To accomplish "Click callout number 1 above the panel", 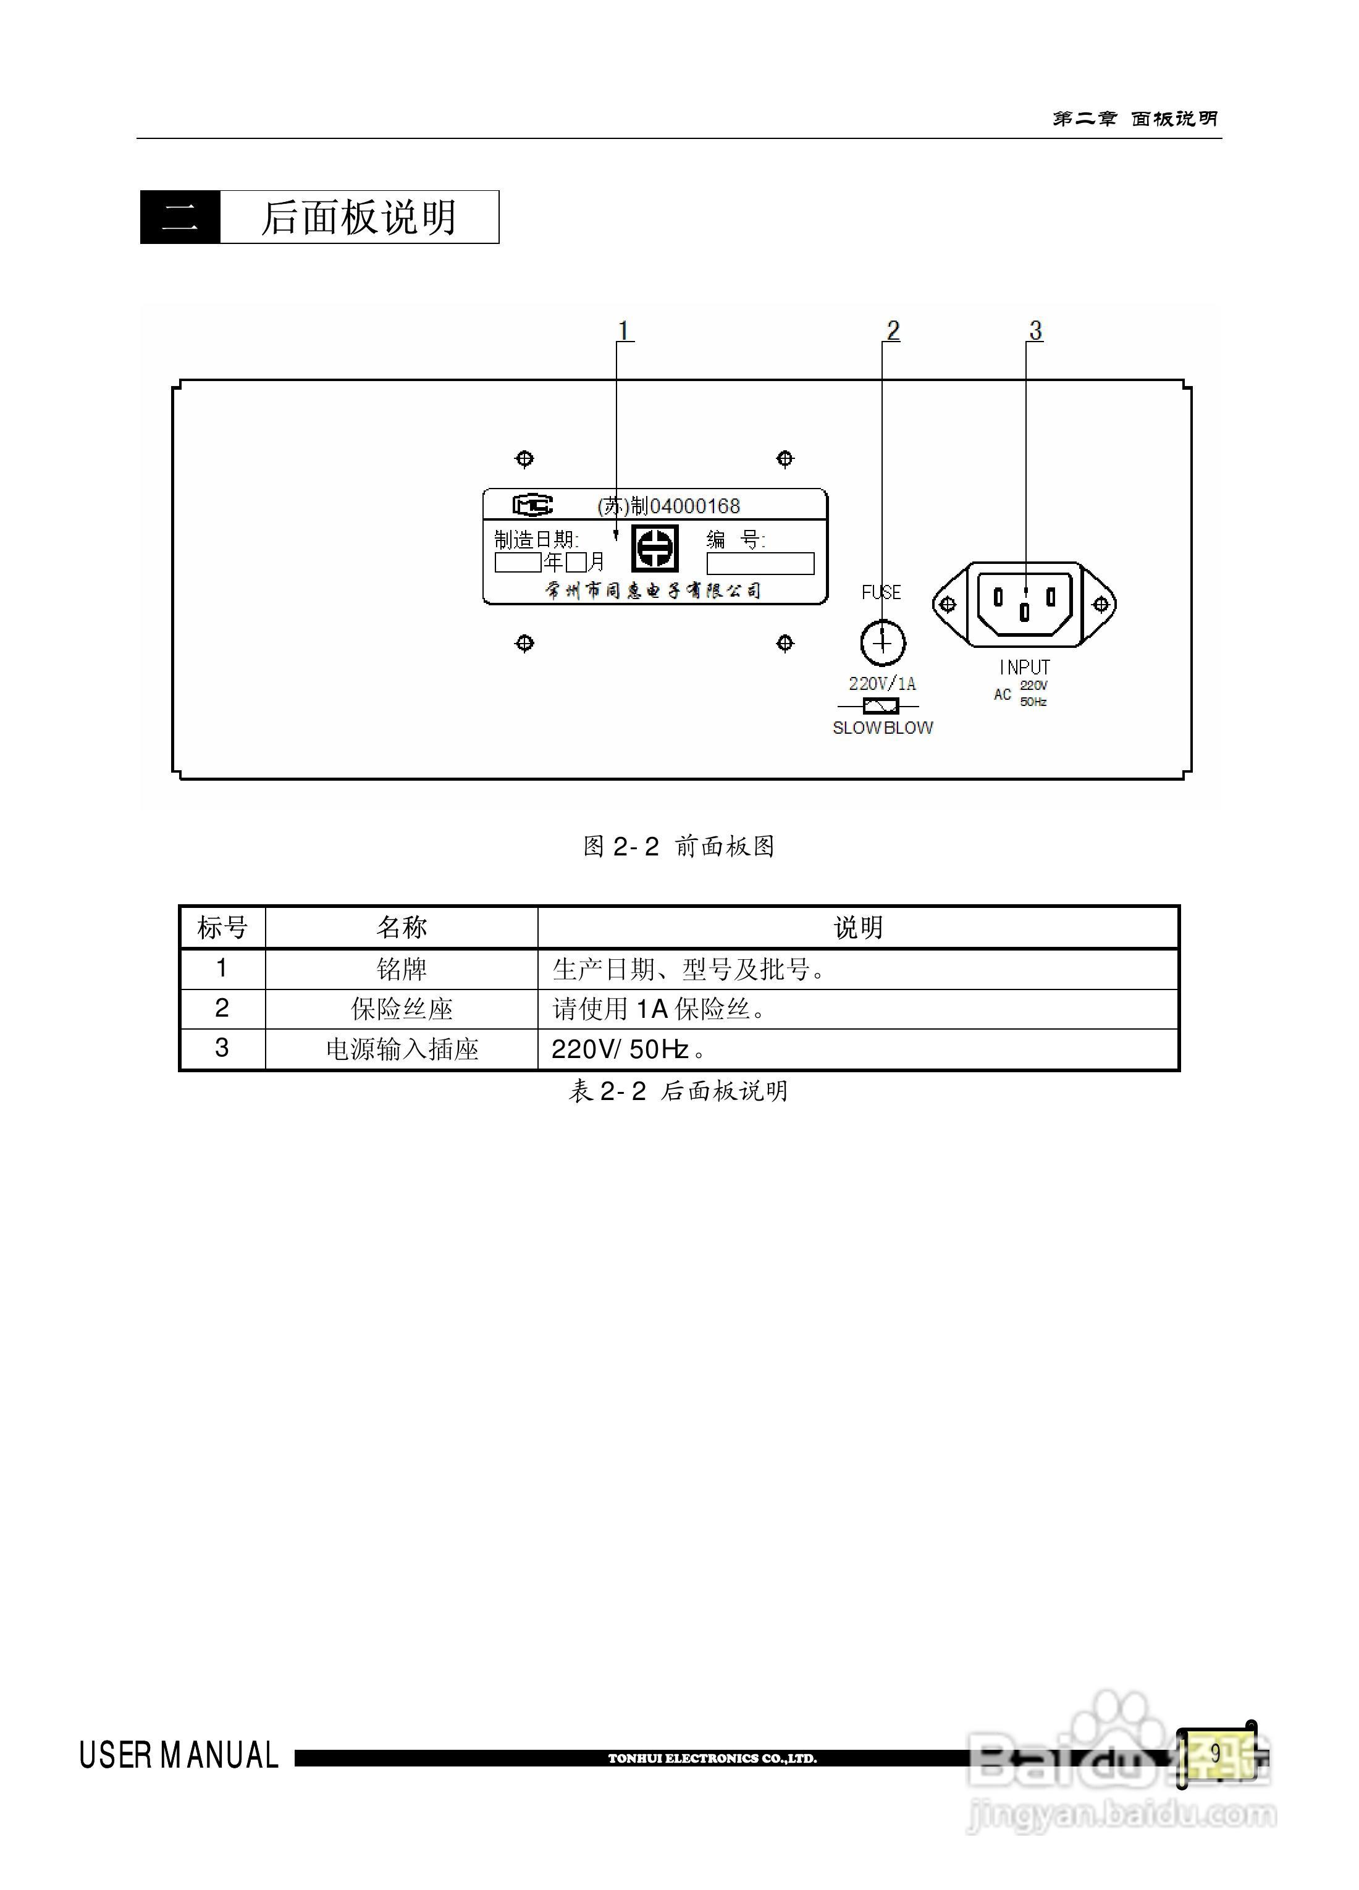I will point(623,331).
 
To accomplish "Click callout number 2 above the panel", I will point(893,331).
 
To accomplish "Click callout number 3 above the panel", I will point(1035,331).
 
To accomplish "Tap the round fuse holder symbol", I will point(882,642).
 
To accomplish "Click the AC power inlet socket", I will point(1024,604).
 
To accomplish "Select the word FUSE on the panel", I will point(881,592).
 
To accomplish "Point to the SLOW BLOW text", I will point(882,728).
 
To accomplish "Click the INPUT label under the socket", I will point(1024,668).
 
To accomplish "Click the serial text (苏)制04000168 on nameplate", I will point(668,506).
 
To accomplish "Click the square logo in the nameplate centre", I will point(655,547).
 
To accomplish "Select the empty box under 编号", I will point(760,564).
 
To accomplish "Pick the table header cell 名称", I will point(402,926).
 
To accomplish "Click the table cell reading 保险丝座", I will point(402,1009).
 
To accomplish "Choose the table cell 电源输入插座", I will point(402,1049).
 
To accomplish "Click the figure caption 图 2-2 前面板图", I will point(678,847).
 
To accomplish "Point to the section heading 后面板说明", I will point(358,217).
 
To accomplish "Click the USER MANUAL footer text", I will point(179,1756).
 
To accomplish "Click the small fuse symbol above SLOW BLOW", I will point(881,707).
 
